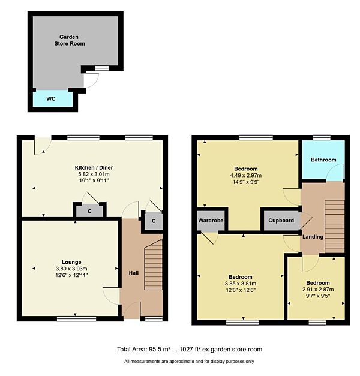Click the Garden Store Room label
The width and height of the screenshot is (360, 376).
point(70,40)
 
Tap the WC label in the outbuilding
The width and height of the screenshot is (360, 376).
point(50,98)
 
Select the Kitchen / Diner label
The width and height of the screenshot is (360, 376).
point(94,167)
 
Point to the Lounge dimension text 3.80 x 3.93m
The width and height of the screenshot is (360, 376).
point(71,269)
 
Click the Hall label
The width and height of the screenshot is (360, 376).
point(134,273)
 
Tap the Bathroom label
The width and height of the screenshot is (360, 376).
point(323,160)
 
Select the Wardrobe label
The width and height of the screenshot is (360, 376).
point(211,220)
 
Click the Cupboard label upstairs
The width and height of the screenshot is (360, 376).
point(281,220)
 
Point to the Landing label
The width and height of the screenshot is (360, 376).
point(313,237)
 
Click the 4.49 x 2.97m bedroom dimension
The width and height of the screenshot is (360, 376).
point(246,175)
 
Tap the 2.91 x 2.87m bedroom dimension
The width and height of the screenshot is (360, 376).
point(318,290)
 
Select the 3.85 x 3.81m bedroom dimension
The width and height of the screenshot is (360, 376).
point(241,284)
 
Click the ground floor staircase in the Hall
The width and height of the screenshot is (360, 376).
point(154,264)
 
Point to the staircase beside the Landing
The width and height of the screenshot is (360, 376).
point(335,226)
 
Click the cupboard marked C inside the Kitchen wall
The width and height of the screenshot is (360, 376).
point(89,211)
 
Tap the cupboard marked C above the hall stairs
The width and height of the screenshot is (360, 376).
point(154,221)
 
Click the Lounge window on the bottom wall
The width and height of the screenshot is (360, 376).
point(77,318)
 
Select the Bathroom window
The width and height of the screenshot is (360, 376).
point(322,138)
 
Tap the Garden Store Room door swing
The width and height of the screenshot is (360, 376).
point(91,80)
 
